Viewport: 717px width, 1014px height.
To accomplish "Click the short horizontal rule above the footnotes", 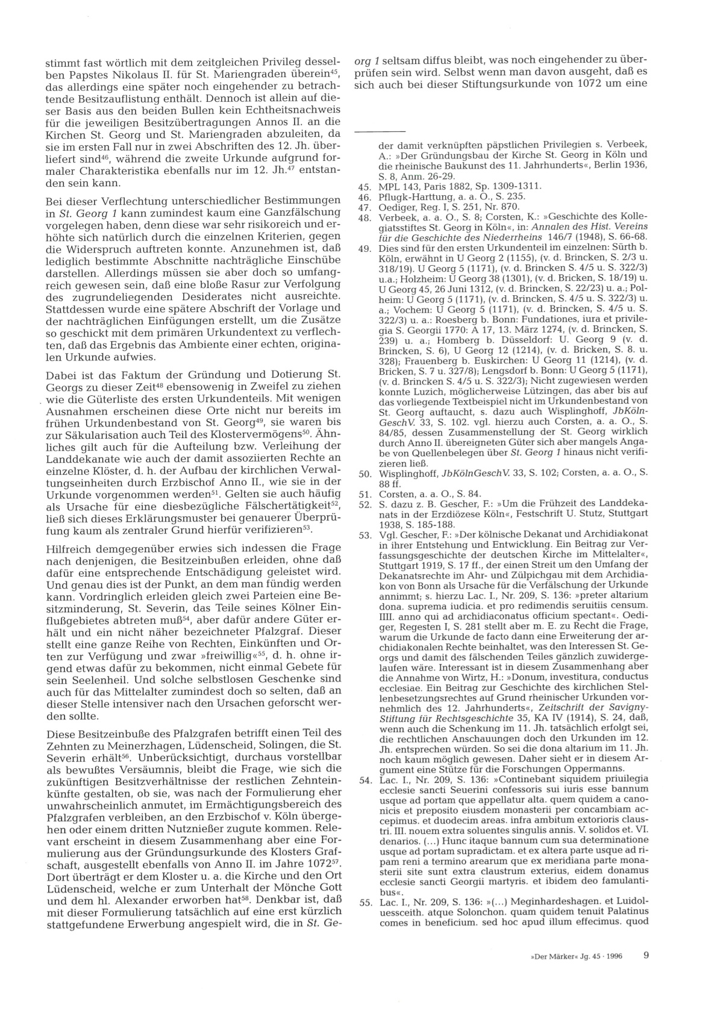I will [379, 131].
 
